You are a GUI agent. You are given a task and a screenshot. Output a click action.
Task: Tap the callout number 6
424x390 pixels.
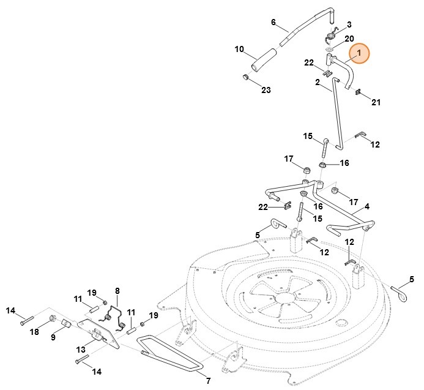click(273, 22)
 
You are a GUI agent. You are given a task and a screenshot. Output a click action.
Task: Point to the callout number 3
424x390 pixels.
click(349, 25)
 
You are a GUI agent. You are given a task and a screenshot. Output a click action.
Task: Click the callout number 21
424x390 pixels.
click(375, 102)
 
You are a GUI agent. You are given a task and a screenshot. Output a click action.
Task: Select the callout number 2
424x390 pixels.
click(318, 82)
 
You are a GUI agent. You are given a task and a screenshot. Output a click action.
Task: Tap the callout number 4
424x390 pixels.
click(367, 207)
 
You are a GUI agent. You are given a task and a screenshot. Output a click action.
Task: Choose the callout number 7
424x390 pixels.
click(207, 381)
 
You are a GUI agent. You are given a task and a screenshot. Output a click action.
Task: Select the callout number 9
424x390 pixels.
click(52, 337)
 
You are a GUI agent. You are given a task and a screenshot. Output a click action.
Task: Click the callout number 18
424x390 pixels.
click(34, 331)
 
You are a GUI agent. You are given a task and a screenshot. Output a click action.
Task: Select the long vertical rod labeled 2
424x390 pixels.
click(336, 116)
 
